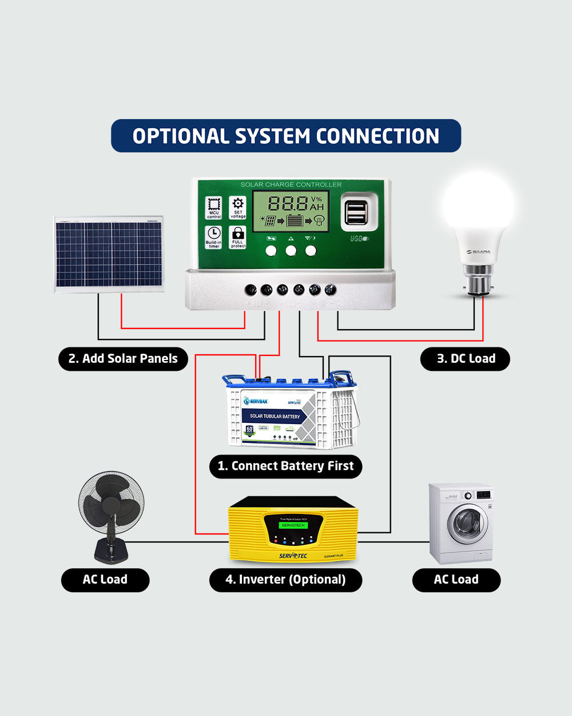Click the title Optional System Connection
[286, 136]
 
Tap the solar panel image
[109, 254]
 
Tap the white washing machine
[461, 523]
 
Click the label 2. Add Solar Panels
[123, 359]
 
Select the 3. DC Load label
[465, 359]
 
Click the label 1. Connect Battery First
[286, 466]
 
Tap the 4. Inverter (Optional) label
[285, 580]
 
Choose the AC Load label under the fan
[105, 580]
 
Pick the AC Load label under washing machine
[456, 580]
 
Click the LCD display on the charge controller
[291, 211]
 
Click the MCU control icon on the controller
[214, 208]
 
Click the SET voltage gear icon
[238, 207]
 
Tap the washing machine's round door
[468, 524]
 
